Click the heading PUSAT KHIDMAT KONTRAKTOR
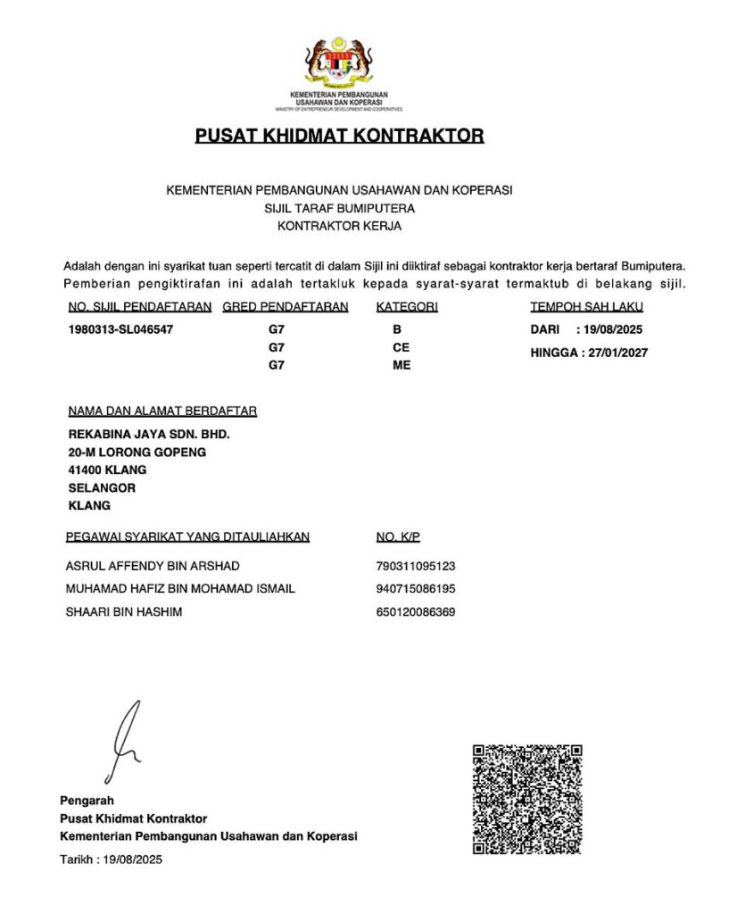coord(339,137)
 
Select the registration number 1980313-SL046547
coord(120,329)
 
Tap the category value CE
coord(401,347)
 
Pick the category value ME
coord(402,365)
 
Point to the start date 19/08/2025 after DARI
coord(610,329)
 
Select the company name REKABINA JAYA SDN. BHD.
coord(149,435)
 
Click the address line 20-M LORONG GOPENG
coord(137,453)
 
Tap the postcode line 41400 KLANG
coord(108,469)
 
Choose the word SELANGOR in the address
coord(102,487)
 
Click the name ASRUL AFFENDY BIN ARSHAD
coord(153,566)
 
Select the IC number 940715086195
coord(416,589)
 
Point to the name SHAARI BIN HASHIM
coord(124,612)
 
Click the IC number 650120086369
coord(416,612)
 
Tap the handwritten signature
coord(125,742)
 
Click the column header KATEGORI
coord(407,307)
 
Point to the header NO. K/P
coord(398,536)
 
